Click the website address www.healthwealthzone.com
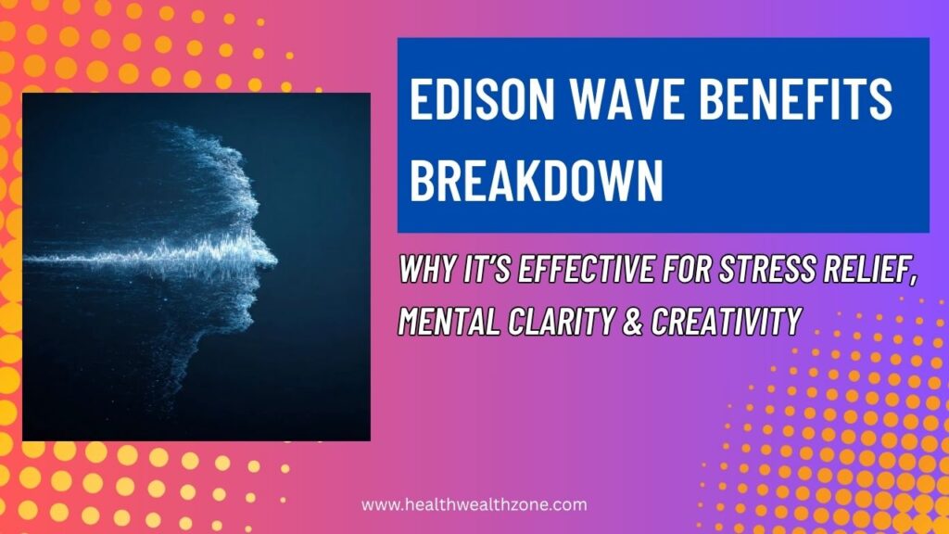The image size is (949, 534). (474, 505)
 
